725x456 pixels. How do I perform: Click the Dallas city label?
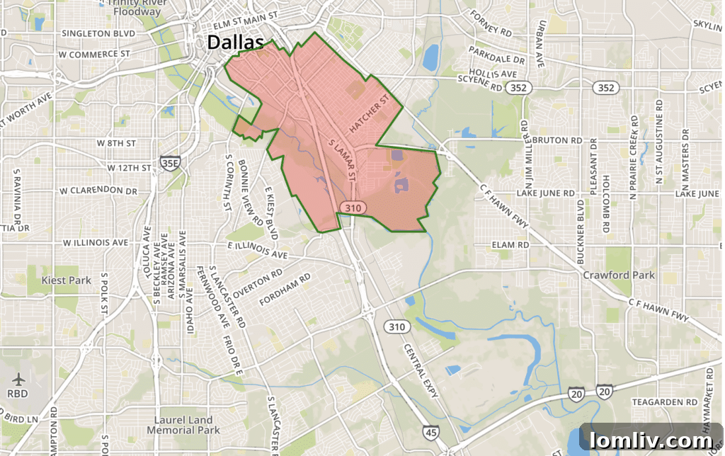234,42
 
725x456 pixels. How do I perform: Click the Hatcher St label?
370,114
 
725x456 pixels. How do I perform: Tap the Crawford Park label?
619,275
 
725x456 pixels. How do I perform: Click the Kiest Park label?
67,280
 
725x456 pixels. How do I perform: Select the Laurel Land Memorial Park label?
183,425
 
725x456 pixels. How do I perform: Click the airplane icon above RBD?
16,379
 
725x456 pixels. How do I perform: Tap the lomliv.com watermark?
651,439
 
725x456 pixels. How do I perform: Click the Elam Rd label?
510,244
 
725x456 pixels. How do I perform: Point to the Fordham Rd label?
285,290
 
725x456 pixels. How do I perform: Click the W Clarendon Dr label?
98,191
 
